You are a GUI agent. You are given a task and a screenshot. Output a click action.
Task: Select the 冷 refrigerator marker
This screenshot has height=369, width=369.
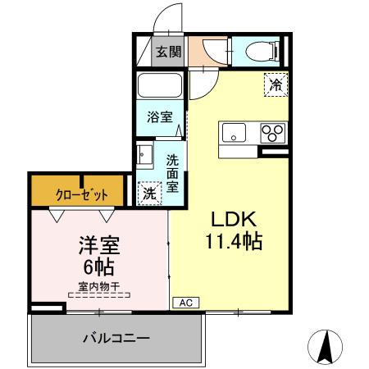(276, 84)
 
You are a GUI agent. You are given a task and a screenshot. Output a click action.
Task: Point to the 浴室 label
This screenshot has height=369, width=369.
(160, 116)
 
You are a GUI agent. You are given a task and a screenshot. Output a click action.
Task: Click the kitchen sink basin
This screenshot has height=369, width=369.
(231, 132)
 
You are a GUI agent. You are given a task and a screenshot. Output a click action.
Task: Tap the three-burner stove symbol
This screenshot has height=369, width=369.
(272, 132)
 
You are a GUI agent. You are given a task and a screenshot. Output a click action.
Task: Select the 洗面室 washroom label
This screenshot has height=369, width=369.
(174, 173)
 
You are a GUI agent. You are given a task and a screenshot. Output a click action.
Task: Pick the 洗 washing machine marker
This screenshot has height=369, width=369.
(149, 194)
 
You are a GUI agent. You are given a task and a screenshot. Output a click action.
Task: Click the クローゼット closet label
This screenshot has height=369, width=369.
(80, 195)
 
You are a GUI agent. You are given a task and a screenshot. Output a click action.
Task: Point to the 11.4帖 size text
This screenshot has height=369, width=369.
(235, 244)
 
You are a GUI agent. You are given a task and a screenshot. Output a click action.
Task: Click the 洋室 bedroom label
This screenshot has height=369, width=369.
(97, 245)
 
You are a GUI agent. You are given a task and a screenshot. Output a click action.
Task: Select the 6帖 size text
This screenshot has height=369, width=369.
(97, 266)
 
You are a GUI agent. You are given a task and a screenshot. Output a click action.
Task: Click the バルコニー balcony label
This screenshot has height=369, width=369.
(116, 338)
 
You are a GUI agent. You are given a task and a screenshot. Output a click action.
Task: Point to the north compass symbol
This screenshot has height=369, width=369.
(324, 348)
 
